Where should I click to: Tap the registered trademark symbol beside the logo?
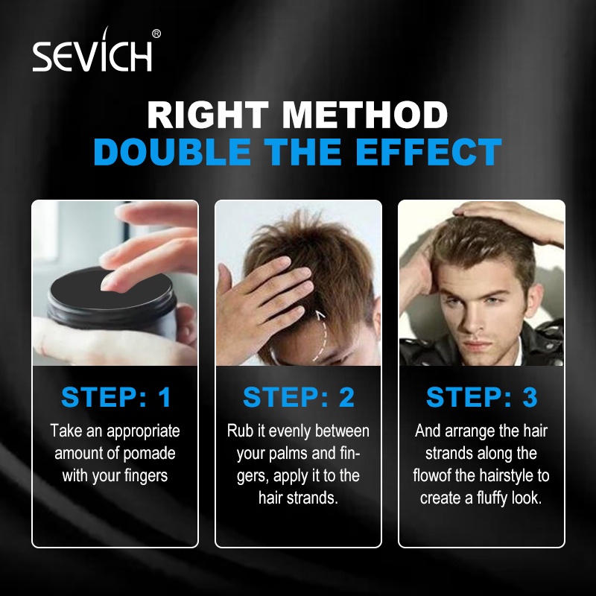click(x=156, y=34)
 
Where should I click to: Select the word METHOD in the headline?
click(x=365, y=115)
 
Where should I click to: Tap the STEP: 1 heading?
click(x=116, y=397)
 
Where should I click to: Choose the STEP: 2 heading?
click(x=299, y=397)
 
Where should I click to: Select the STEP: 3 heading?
click(x=482, y=397)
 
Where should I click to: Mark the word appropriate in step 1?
click(x=143, y=431)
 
